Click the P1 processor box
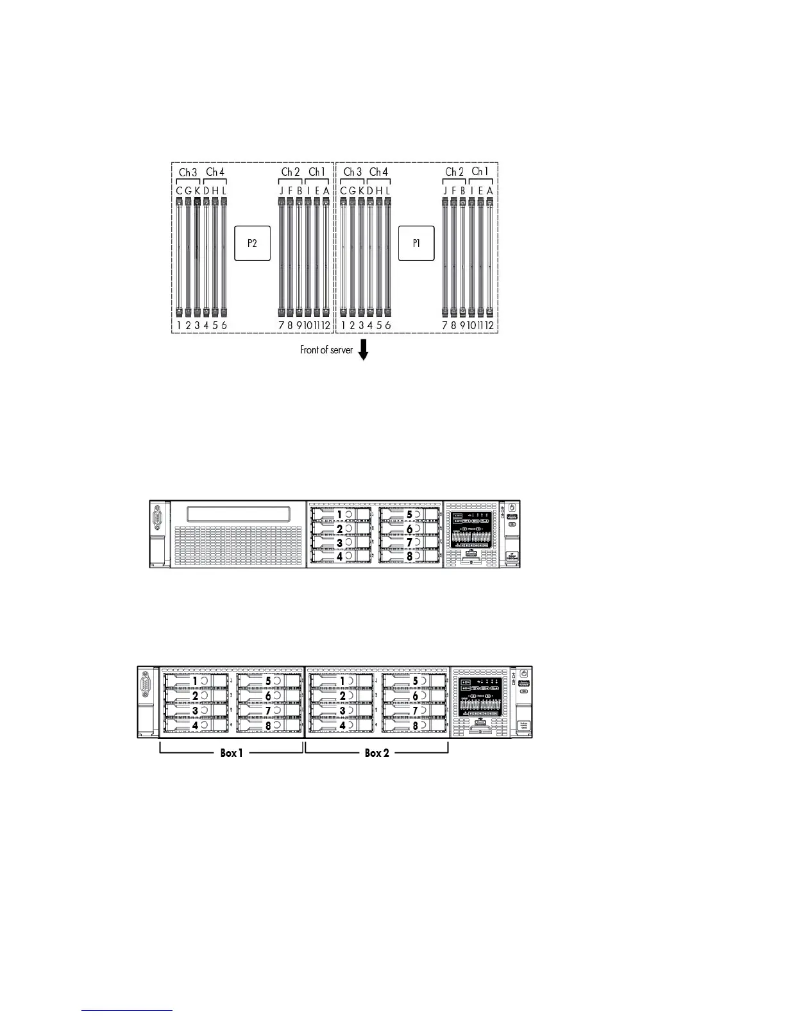(416, 243)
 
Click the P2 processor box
(252, 243)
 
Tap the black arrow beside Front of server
(364, 350)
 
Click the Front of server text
(326, 350)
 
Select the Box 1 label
(231, 753)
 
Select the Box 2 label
(376, 753)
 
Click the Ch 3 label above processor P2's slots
(188, 172)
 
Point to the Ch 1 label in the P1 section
(480, 171)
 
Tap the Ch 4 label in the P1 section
(378, 172)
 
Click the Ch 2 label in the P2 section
(290, 172)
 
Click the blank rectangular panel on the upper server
(238, 514)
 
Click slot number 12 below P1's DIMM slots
(489, 325)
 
